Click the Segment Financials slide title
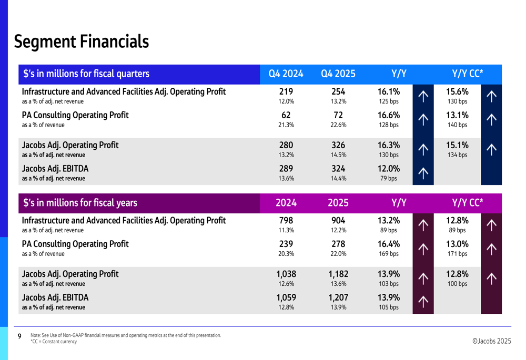pos(82,42)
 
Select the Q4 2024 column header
pos(286,74)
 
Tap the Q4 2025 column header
pos(338,74)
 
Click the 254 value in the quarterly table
pos(338,91)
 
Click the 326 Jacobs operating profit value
pos(338,145)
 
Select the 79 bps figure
pos(389,178)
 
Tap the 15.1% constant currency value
pos(457,145)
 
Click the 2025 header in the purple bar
pos(338,203)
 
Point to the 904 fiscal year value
pos(338,220)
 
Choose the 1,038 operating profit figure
pos(286,274)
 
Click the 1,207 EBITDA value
pos(338,297)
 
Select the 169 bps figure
pos(389,254)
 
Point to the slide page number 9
pos(19,336)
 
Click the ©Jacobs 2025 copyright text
pos(491,341)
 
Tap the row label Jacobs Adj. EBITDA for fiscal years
pos(55,297)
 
